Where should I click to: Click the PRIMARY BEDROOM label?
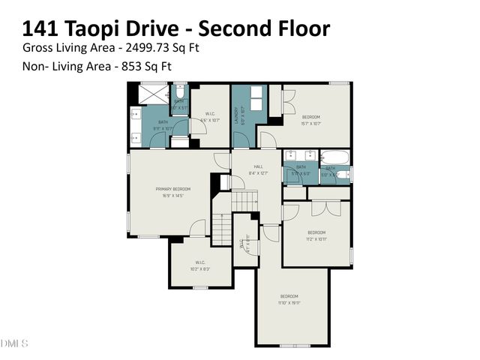click(x=172, y=189)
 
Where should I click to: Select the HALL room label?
click(x=258, y=167)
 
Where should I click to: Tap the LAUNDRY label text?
click(x=235, y=115)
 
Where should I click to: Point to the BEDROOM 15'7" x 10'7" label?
click(x=311, y=118)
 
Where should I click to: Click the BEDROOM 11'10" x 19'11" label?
click(x=289, y=296)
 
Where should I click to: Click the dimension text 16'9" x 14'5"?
click(x=172, y=196)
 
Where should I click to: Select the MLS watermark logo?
click(x=14, y=343)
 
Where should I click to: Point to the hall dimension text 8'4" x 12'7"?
click(x=258, y=174)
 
